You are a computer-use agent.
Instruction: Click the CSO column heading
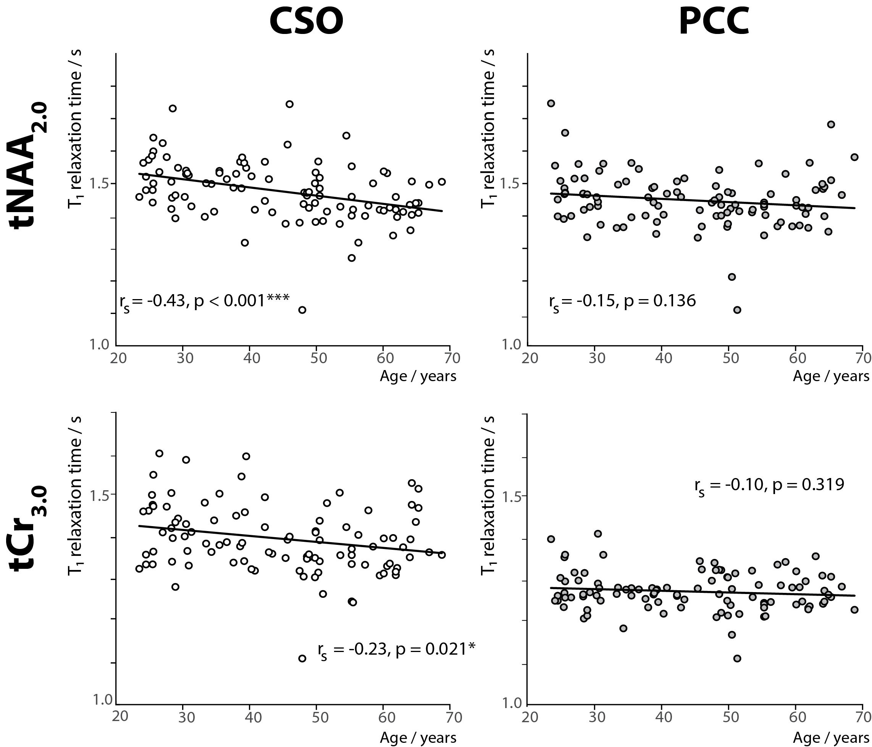pos(306,22)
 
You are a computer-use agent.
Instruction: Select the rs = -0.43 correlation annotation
pos(205,301)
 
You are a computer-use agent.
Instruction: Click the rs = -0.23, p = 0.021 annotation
pos(396,650)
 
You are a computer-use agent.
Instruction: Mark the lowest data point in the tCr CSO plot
pos(302,658)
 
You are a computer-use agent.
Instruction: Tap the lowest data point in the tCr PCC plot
pos(737,658)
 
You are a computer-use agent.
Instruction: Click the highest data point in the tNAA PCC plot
pos(551,103)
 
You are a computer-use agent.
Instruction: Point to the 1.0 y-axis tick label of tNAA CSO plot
pos(100,345)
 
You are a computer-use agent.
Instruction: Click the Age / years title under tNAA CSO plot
pos(418,376)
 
